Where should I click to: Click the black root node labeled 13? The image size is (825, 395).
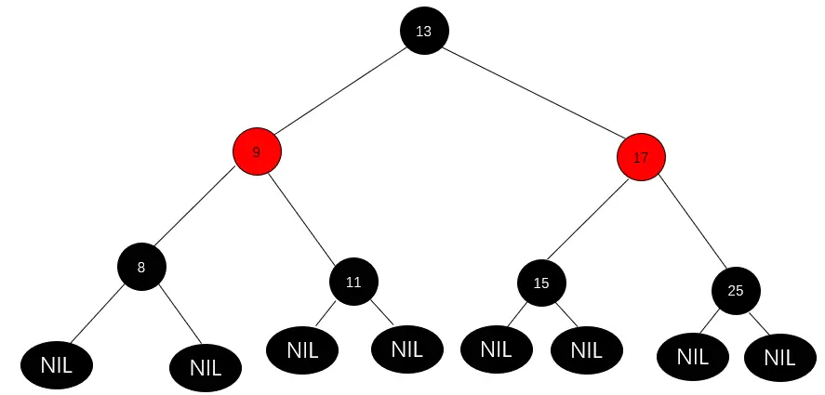[424, 31]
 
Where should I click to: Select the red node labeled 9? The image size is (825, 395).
[257, 151]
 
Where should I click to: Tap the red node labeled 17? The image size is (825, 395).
[641, 157]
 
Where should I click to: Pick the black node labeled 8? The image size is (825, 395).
[141, 267]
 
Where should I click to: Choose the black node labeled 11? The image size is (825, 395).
[353, 282]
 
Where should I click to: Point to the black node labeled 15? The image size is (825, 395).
[541, 283]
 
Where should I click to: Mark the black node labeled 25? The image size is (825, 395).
[736, 290]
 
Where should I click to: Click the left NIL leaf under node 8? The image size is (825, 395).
[56, 365]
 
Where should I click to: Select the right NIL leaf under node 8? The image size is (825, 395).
[206, 367]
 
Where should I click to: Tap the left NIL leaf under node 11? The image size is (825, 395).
[302, 350]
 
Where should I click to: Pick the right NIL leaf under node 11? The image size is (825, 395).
[406, 349]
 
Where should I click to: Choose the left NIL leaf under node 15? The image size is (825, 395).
[496, 350]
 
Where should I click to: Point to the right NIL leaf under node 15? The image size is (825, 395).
[586, 350]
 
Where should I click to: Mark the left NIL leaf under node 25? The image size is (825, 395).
[692, 356]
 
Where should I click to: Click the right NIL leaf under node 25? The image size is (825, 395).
[779, 357]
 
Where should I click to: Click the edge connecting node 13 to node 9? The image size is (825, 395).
[340, 91]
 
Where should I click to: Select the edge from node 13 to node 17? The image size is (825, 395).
[532, 94]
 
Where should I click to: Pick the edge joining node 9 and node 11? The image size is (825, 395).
[305, 217]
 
